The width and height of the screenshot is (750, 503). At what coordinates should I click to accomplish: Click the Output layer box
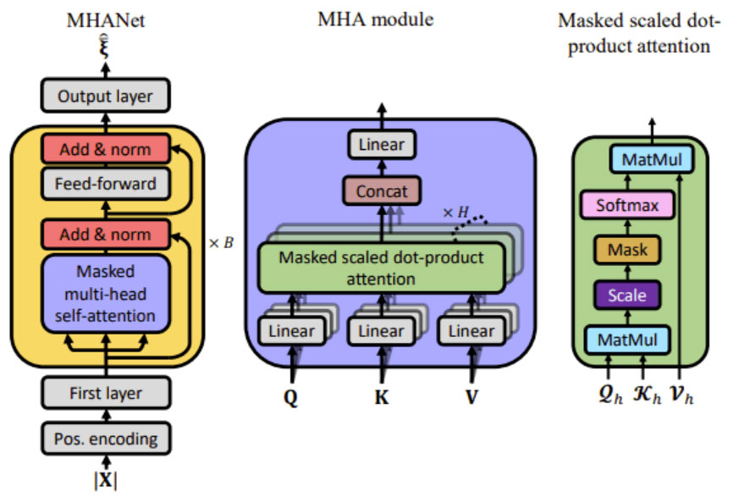coord(105,97)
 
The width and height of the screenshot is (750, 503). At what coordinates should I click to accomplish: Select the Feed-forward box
coord(105,182)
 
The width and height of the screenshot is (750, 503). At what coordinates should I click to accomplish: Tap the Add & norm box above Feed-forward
coord(105,149)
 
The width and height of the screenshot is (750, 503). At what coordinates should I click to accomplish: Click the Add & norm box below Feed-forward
coord(105,234)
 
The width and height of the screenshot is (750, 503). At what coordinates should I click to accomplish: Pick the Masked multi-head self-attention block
coord(105,294)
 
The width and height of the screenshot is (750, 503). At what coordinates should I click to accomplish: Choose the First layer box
coord(105,393)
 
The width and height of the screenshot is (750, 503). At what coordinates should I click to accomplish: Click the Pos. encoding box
coord(105,438)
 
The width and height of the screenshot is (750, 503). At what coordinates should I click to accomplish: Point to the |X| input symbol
coord(105,480)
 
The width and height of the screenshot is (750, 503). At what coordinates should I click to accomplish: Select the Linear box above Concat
coord(380,145)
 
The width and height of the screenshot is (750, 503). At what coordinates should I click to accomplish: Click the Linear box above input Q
coord(290,331)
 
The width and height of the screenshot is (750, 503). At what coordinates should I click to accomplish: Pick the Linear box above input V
coord(470,331)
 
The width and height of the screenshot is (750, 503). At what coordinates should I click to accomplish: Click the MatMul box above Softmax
coord(651,159)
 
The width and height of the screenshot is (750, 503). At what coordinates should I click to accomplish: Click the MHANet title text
coord(106,19)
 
